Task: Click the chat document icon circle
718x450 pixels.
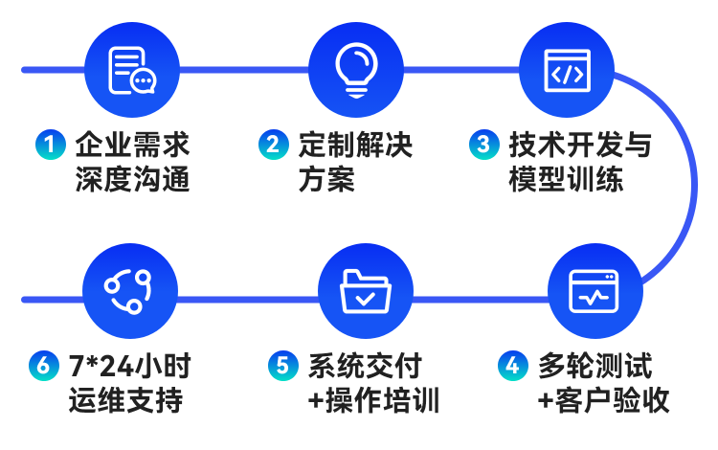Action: pos(131,70)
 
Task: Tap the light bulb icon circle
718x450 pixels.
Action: pos(355,70)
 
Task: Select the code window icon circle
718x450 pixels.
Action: pos(566,71)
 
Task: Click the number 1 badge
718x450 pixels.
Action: pos(50,146)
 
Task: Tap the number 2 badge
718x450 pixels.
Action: pos(273,146)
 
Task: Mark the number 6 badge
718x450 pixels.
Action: pos(43,366)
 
